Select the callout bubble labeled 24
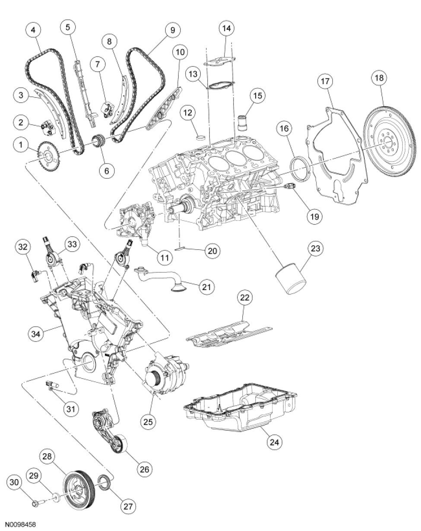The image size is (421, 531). tap(275, 442)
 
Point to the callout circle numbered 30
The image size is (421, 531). tap(15, 482)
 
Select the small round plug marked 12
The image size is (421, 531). tap(200, 137)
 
